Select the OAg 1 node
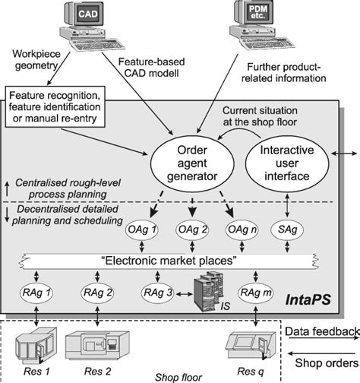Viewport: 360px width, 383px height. pyautogui.click(x=142, y=229)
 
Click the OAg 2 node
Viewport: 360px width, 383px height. pyautogui.click(x=191, y=229)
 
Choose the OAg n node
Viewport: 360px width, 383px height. pyautogui.click(x=240, y=229)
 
